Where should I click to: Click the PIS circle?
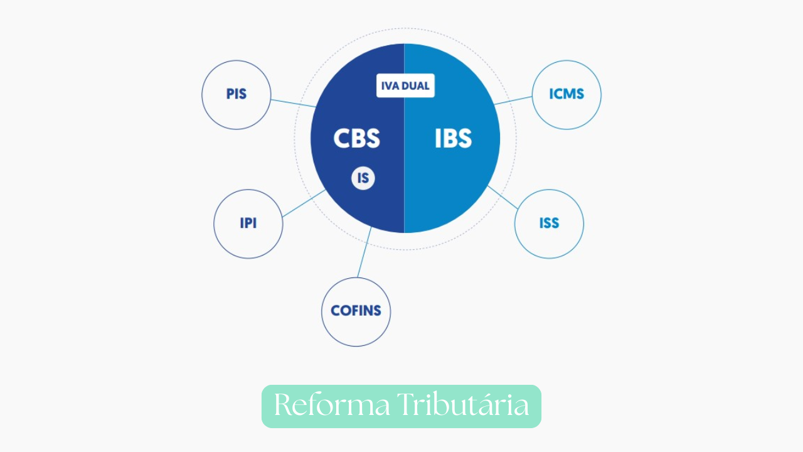(x=236, y=95)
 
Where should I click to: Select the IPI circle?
(x=248, y=223)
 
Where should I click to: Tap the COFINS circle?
(x=356, y=311)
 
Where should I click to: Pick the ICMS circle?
(x=566, y=95)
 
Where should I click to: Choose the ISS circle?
(x=549, y=223)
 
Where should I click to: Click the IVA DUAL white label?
(x=405, y=86)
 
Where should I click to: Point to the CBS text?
(x=356, y=139)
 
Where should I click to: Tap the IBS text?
(x=453, y=139)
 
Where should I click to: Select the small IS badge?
(x=363, y=178)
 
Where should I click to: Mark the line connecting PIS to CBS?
(x=293, y=102)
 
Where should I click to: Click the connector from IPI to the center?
(x=304, y=203)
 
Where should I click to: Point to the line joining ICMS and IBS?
(x=513, y=100)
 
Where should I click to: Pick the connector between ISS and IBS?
(x=503, y=198)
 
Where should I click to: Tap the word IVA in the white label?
(x=390, y=86)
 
